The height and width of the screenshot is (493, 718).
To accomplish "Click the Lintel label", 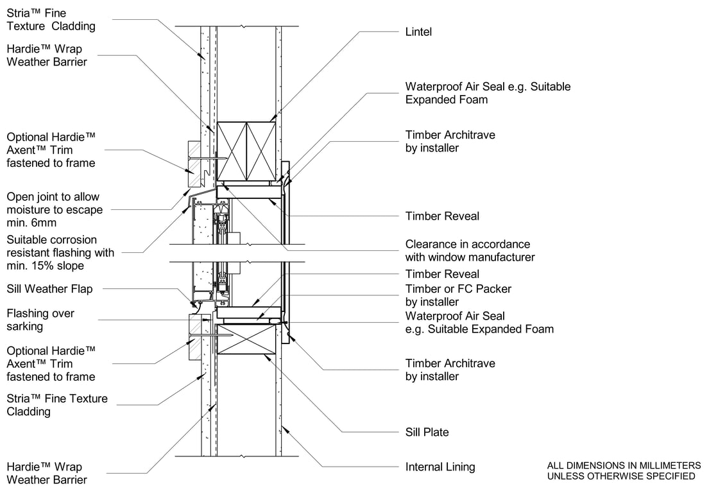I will (418, 31).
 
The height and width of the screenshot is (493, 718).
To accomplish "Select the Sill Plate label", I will (427, 432).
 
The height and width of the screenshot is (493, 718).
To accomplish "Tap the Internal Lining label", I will (440, 467).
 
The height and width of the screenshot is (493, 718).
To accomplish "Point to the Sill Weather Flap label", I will (49, 289).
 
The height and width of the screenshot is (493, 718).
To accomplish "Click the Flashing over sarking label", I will (40, 320).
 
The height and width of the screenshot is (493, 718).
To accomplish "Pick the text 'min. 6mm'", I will (31, 223).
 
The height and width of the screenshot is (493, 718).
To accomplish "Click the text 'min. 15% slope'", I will (46, 265).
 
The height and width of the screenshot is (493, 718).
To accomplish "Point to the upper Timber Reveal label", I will (442, 216).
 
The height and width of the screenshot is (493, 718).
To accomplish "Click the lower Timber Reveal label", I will (442, 274).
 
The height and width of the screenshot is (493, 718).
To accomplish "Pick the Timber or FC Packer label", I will (458, 295).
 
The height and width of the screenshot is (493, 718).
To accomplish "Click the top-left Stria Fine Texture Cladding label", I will (51, 19).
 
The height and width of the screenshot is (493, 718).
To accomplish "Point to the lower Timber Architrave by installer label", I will (450, 370).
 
